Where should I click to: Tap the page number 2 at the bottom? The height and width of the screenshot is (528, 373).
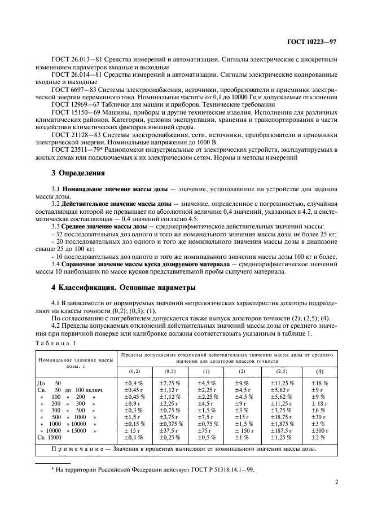[x=336, y=482]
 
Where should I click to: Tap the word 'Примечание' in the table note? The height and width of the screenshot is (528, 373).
[x=71, y=449]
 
